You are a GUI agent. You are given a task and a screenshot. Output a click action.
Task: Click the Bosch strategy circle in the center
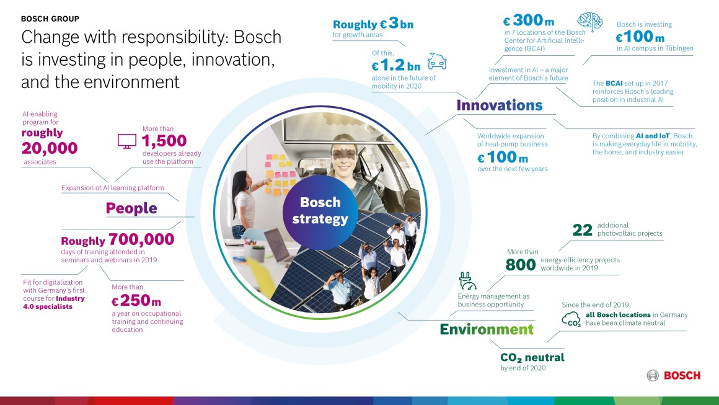320,211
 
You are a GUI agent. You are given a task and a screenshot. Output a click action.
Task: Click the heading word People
131,208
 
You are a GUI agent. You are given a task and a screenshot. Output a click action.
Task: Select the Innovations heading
499,105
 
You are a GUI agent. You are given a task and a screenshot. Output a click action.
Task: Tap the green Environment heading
487,329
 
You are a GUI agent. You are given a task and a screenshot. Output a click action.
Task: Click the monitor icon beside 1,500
126,142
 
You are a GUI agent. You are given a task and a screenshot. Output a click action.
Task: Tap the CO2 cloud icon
571,319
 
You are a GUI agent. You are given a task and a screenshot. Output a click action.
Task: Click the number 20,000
50,148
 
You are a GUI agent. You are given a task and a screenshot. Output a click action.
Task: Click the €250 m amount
136,302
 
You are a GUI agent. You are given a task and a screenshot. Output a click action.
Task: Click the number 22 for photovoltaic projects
582,231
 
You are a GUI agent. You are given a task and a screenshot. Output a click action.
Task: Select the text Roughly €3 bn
373,25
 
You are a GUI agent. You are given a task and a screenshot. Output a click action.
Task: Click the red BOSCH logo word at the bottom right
682,375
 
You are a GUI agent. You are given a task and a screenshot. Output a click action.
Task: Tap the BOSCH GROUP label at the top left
50,19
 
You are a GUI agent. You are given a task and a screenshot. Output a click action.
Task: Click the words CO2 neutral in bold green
532,357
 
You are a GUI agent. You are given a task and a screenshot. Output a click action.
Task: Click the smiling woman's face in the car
344,152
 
